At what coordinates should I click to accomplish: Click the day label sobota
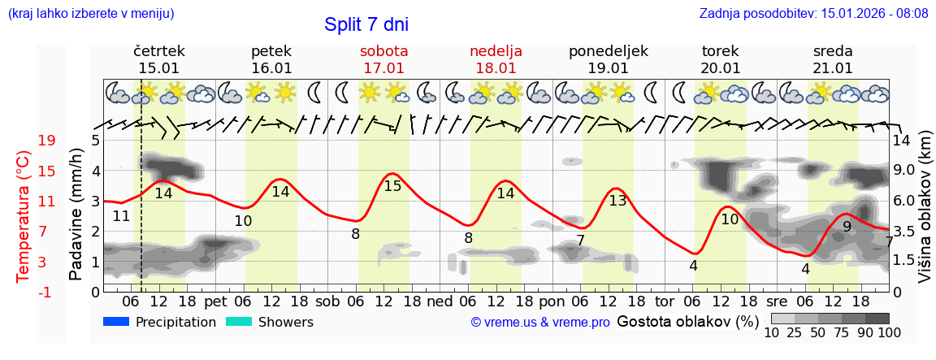[x=383, y=51]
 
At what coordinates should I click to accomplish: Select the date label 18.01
[x=496, y=68]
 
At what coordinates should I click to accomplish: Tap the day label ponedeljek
[x=608, y=51]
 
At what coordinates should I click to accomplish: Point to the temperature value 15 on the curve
[x=392, y=186]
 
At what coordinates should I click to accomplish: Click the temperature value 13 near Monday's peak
[x=617, y=201]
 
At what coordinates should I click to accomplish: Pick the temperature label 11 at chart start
[x=121, y=216]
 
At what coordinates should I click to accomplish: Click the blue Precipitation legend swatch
[x=116, y=322]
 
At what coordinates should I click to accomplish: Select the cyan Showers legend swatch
[x=239, y=322]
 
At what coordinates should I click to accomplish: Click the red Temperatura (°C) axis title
[x=23, y=216]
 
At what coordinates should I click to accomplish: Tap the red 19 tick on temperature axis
[x=46, y=141]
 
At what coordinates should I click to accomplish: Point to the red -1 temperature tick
[x=46, y=292]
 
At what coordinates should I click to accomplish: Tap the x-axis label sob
[x=328, y=302]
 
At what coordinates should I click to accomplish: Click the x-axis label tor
[x=665, y=302]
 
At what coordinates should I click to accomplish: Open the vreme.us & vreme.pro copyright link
[x=539, y=323]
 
